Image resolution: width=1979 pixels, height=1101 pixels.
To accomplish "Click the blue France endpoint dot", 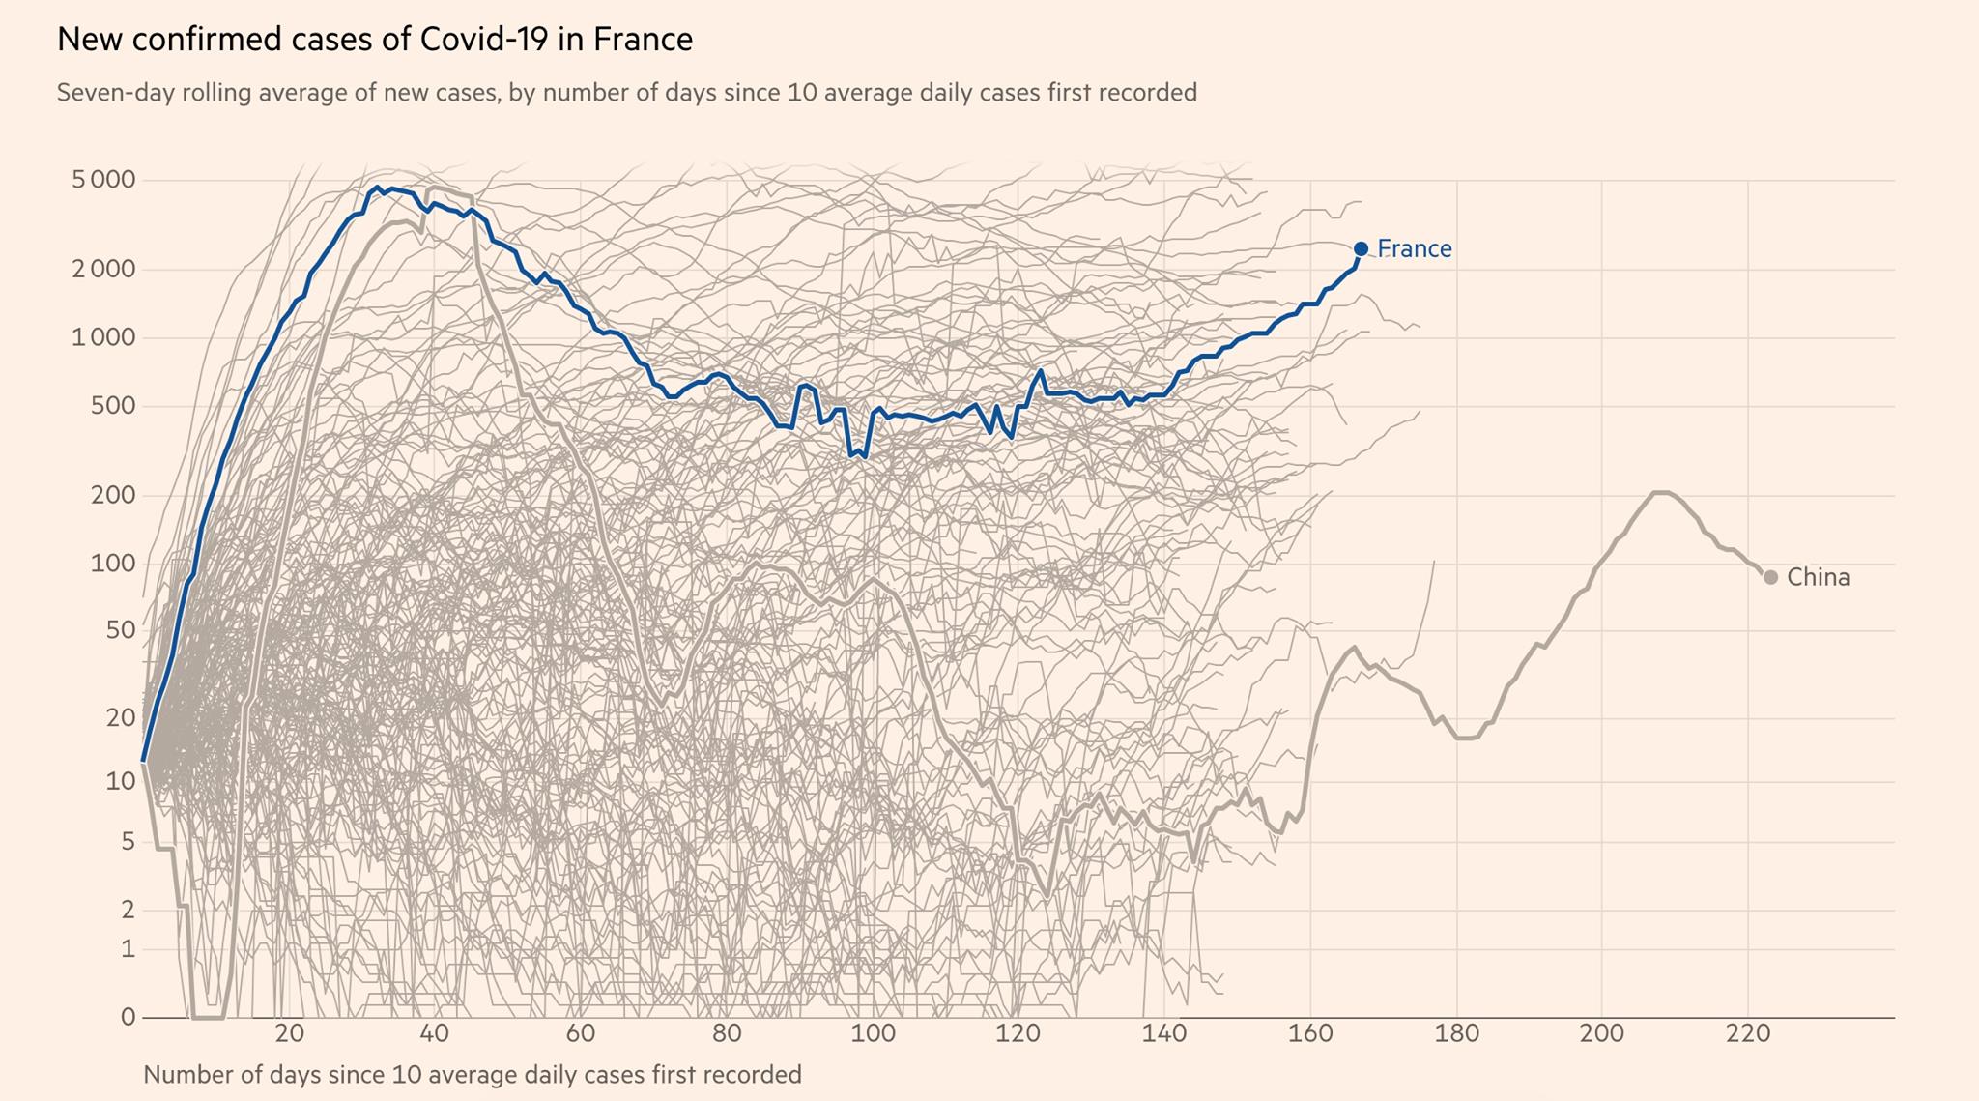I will [x=1361, y=248].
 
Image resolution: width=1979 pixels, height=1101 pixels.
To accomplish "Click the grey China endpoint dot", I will [x=1770, y=577].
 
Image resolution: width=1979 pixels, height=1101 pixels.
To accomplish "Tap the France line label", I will [x=1415, y=248].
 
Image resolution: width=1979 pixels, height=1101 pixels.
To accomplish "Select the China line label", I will [x=1819, y=577].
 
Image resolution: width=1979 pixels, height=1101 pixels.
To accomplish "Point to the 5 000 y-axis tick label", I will [x=103, y=180].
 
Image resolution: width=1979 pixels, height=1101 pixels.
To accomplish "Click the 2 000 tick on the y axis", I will [x=103, y=269].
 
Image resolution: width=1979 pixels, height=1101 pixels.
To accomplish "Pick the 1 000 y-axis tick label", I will [x=103, y=337].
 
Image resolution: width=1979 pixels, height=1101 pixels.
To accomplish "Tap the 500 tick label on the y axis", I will [x=113, y=406].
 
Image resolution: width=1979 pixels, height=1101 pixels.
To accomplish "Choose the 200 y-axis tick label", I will [x=113, y=495].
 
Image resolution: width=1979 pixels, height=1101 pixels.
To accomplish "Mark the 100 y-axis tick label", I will [x=113, y=563].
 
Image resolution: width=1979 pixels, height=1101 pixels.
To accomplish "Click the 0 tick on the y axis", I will [x=128, y=1017].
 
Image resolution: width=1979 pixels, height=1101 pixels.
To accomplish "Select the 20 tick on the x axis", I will [x=289, y=1033].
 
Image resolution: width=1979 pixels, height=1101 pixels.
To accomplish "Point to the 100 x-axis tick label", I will [x=873, y=1033].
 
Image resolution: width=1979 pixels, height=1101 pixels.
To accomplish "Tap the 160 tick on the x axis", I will [x=1310, y=1033].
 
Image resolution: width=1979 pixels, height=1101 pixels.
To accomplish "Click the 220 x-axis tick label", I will [x=1748, y=1033].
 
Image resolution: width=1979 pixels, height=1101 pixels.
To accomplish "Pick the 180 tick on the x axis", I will [x=1456, y=1033].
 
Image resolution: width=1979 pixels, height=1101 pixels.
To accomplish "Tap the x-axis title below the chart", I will [x=472, y=1074].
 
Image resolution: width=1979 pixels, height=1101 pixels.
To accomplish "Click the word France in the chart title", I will [x=643, y=40].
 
